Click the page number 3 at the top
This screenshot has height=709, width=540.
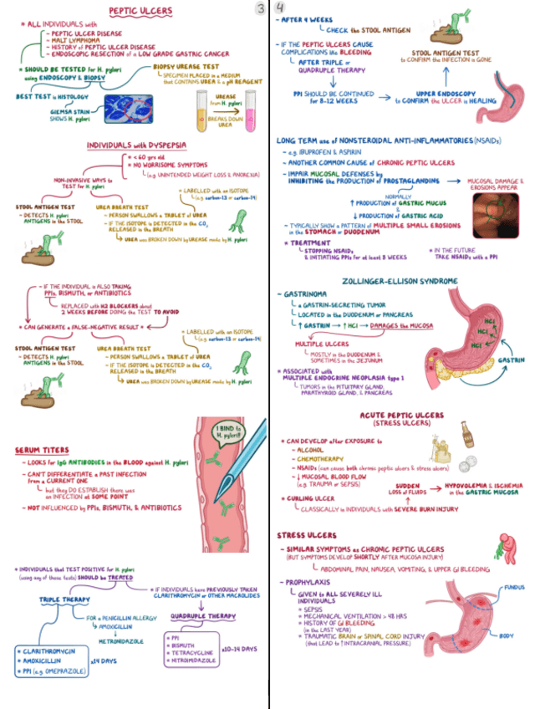[x=259, y=8]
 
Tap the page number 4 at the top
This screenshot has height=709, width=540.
[x=279, y=8]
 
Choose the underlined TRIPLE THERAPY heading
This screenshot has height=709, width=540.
[x=64, y=599]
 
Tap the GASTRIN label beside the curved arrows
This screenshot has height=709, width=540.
[x=512, y=360]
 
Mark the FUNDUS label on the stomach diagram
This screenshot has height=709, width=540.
[x=514, y=588]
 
